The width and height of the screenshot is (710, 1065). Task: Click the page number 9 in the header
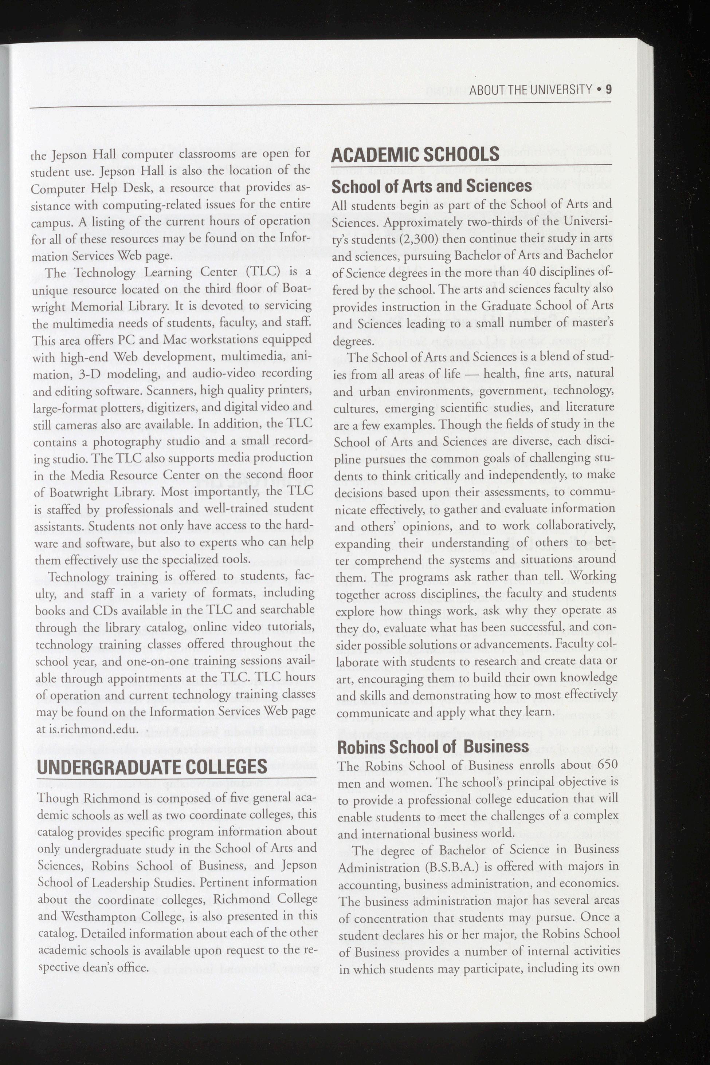point(609,90)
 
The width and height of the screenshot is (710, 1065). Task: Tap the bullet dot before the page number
point(600,90)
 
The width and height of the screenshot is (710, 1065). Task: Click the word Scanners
point(172,390)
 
